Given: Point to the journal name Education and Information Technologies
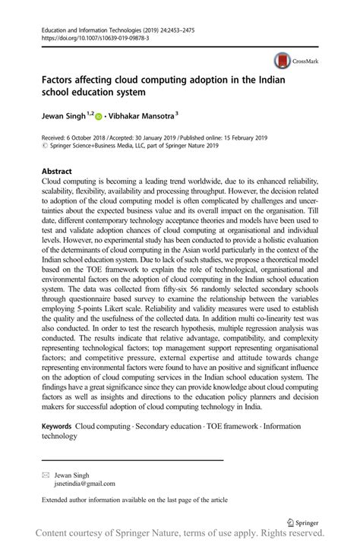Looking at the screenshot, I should pyautogui.click(x=93, y=28).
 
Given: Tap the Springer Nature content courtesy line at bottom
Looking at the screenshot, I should pyautogui.click(x=179, y=535).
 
